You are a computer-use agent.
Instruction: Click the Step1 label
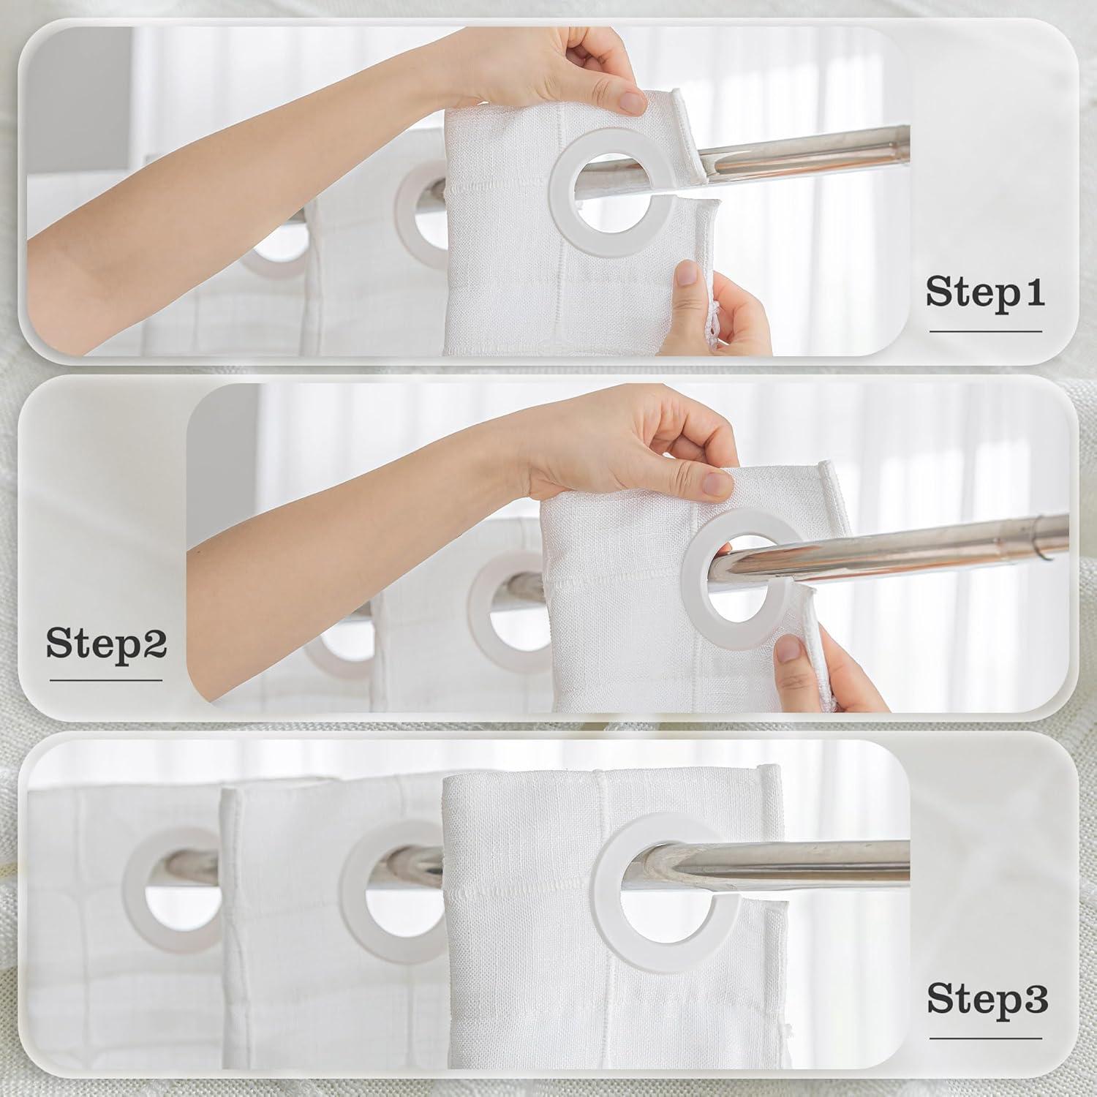coord(985,292)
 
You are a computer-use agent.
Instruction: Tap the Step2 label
coord(107,643)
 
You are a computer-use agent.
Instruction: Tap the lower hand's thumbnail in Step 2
coord(788,649)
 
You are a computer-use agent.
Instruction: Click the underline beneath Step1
coord(986,331)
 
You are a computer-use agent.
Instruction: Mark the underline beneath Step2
coord(106,680)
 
